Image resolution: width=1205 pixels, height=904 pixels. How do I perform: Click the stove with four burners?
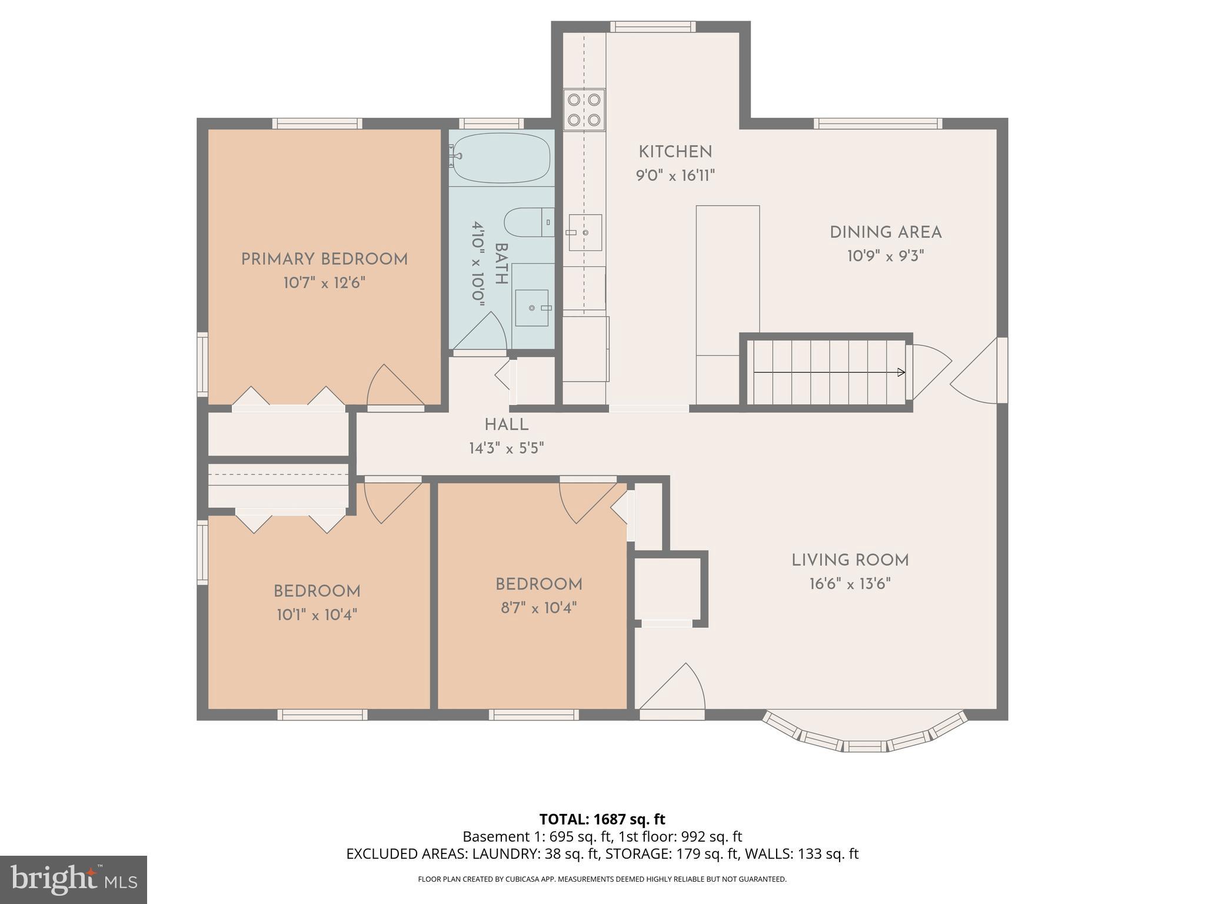(x=584, y=109)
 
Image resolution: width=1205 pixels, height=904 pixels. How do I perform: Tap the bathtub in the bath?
(x=502, y=158)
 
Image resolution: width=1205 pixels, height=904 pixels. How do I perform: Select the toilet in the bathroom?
(x=528, y=222)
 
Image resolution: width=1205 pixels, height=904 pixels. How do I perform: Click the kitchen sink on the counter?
(x=585, y=232)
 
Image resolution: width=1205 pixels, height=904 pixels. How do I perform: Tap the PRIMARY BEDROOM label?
(x=324, y=260)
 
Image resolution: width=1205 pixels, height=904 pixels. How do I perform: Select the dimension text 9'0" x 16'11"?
(x=675, y=176)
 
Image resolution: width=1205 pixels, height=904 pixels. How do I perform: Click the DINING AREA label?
(x=886, y=232)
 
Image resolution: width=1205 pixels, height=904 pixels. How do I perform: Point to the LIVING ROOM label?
(x=850, y=560)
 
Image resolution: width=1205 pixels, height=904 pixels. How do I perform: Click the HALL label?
(x=506, y=425)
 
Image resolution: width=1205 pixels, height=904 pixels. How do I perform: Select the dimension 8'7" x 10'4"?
(x=538, y=608)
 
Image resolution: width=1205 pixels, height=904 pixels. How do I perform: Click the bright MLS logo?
(x=74, y=880)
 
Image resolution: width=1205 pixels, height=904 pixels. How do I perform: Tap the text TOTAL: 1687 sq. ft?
(x=602, y=819)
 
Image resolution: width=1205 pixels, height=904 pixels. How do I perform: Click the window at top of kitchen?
(x=653, y=26)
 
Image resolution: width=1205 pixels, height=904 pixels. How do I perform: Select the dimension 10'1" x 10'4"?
(x=317, y=615)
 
